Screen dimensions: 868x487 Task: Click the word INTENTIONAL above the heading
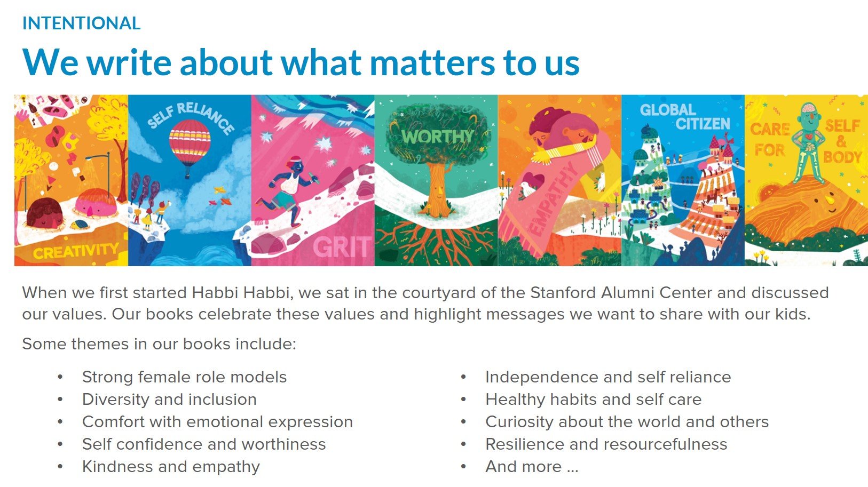[x=81, y=23]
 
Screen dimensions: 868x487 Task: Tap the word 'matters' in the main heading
[x=432, y=63]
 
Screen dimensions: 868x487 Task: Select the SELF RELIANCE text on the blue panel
[x=191, y=117]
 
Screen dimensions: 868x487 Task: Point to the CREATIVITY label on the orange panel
[x=76, y=251]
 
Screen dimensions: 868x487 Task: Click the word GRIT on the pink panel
[x=342, y=247]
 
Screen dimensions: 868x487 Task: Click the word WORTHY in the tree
[x=437, y=136]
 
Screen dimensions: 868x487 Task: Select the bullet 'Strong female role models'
[x=185, y=377]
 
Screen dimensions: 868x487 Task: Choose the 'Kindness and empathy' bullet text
[x=171, y=467]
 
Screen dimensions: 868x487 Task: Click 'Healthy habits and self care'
[x=593, y=400]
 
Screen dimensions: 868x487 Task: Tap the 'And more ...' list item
[x=532, y=467]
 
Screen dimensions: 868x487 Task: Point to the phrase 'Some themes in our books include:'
[x=159, y=344]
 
